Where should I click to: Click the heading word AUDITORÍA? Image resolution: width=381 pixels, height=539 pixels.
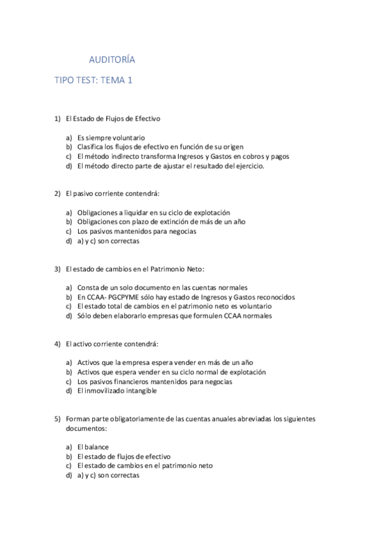click(x=111, y=60)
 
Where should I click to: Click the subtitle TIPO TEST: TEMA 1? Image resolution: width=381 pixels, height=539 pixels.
click(x=92, y=81)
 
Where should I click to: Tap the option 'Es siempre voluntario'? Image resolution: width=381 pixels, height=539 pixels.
click(x=111, y=137)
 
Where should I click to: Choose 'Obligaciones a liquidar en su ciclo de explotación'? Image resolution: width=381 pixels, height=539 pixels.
click(x=153, y=212)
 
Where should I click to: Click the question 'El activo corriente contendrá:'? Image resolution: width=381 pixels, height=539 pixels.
click(x=112, y=343)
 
